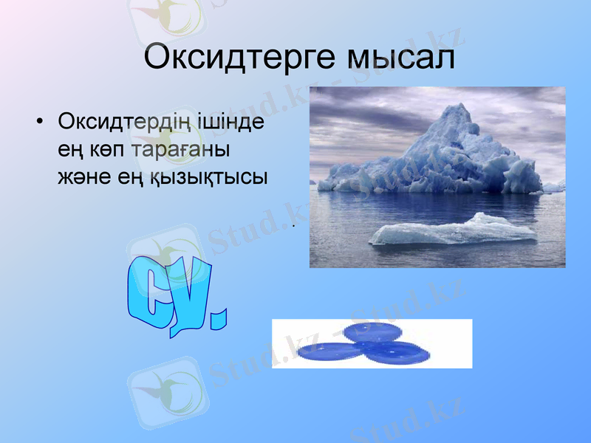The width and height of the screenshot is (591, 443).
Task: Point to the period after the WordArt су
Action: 219,319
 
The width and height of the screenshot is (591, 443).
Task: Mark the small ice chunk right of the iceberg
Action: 553,187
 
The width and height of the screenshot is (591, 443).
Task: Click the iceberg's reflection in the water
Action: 436,205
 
